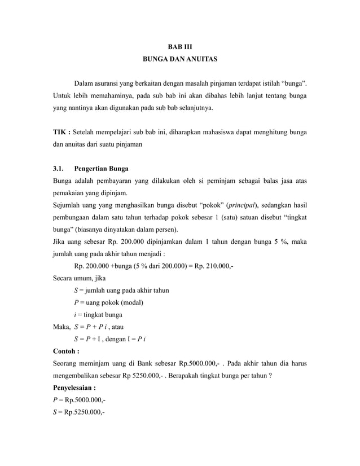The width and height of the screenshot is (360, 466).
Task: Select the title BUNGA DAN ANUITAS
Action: (x=179, y=58)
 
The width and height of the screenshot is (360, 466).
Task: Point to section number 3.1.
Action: (x=59, y=169)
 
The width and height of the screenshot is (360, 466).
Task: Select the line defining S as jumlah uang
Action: (x=121, y=291)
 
